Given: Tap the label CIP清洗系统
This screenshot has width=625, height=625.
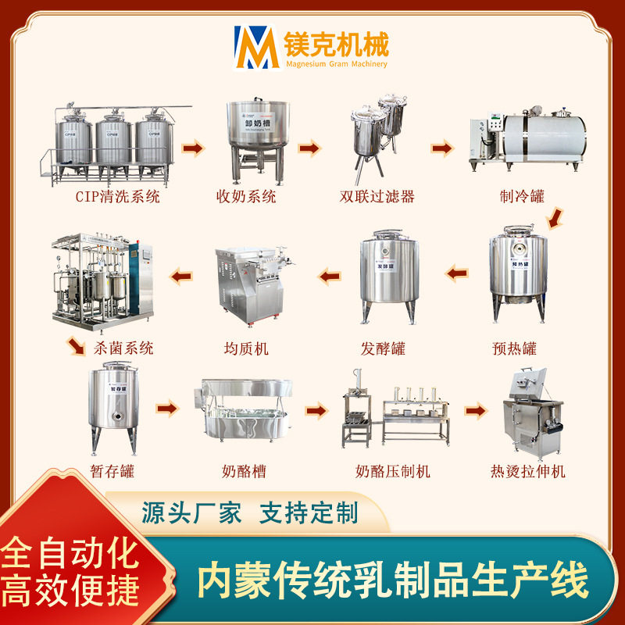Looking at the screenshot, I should (117, 197).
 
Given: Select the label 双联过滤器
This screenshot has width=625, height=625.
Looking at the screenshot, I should (383, 197).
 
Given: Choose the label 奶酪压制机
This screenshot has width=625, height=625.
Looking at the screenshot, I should (393, 471).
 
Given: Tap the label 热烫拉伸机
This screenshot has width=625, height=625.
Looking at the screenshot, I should (528, 471).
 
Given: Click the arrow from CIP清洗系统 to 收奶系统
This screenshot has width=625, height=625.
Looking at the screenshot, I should (192, 148).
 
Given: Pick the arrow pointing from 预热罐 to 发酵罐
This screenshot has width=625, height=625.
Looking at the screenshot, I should (456, 273).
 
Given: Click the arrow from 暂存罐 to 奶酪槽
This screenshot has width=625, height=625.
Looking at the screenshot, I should (166, 408).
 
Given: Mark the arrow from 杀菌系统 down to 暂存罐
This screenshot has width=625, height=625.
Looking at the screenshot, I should (76, 344).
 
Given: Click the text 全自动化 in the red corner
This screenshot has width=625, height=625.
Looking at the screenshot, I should (69, 552).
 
